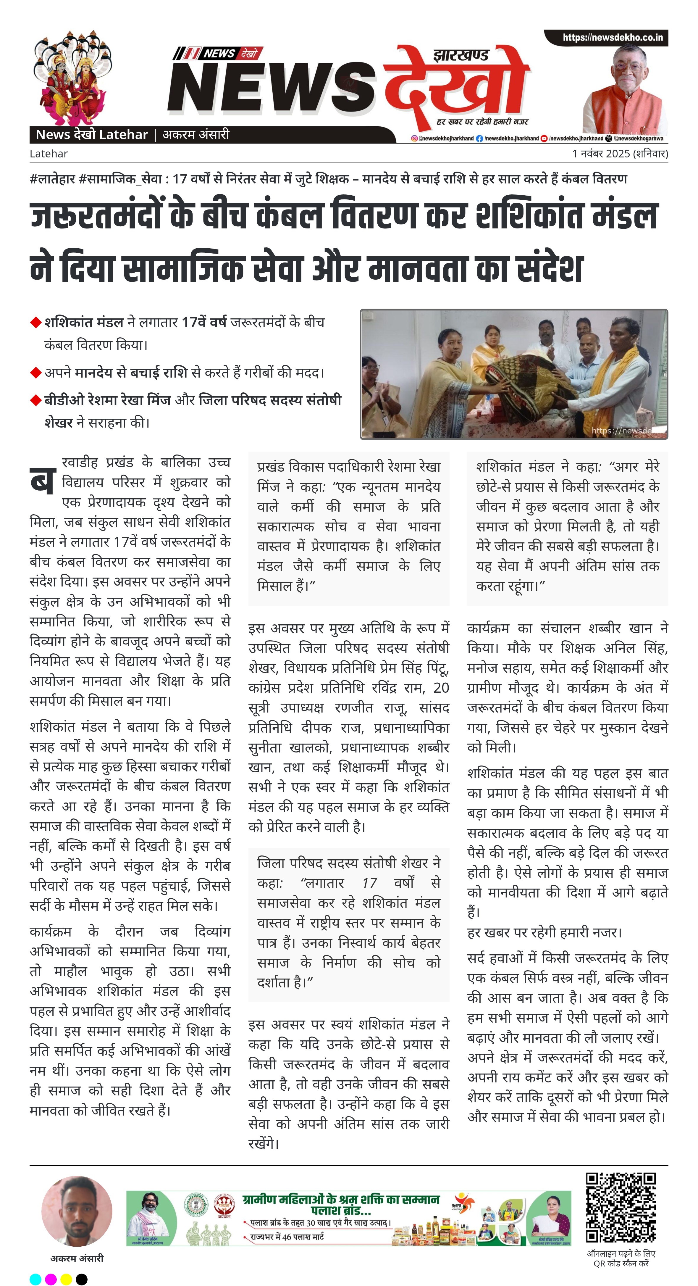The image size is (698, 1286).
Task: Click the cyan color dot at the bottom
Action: click(x=35, y=1279)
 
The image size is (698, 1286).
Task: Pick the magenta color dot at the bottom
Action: click(x=51, y=1279)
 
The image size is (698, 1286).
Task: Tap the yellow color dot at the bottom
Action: click(x=66, y=1279)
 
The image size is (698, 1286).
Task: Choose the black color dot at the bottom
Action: click(x=81, y=1279)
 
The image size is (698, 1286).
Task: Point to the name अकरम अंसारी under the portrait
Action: click(x=77, y=1258)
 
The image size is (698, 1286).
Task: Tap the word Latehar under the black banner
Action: click(x=49, y=154)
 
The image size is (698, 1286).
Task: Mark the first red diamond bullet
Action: click(x=35, y=323)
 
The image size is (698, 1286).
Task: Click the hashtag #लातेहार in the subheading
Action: click(x=52, y=179)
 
